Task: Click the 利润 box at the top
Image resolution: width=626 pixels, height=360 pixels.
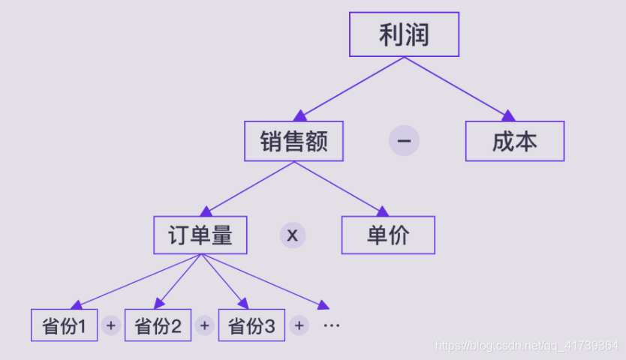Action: [x=404, y=34]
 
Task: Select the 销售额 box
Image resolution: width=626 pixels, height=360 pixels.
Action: [x=293, y=141]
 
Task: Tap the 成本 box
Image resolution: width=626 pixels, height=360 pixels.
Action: [x=514, y=141]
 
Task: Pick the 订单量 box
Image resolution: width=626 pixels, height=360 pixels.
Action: [x=200, y=235]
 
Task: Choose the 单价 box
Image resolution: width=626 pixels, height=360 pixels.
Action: [x=388, y=235]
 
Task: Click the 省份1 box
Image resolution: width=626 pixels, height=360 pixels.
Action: [x=65, y=325]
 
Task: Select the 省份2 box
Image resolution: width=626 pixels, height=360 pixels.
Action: [x=158, y=325]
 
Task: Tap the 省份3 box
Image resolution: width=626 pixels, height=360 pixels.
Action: [x=251, y=325]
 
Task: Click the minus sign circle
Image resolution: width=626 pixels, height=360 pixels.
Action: [x=404, y=141]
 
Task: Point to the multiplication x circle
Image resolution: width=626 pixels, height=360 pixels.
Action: [x=293, y=235]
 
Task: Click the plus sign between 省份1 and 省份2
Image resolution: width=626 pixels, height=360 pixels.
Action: [x=111, y=325]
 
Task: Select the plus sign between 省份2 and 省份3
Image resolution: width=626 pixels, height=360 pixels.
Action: [x=204, y=325]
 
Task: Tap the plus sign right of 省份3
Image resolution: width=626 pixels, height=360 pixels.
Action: [x=299, y=325]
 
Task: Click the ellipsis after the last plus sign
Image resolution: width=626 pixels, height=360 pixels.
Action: [x=331, y=326]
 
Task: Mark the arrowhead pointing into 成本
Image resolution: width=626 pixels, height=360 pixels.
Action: [x=508, y=115]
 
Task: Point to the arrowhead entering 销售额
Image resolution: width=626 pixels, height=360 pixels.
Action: [x=300, y=115]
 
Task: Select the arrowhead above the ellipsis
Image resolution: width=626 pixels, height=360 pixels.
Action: [x=324, y=304]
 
